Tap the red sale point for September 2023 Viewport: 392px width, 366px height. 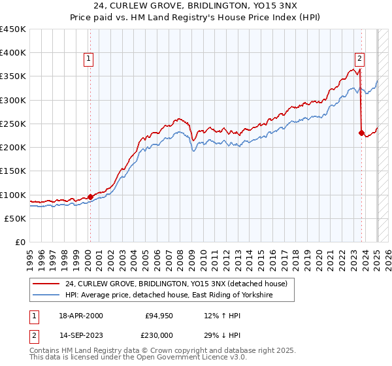click(361, 133)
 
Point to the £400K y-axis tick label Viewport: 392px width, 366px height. click(13, 53)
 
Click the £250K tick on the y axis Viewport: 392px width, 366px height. click(13, 124)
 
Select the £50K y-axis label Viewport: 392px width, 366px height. click(16, 218)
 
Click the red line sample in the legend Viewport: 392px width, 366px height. click(46, 284)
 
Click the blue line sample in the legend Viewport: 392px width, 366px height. click(46, 295)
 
